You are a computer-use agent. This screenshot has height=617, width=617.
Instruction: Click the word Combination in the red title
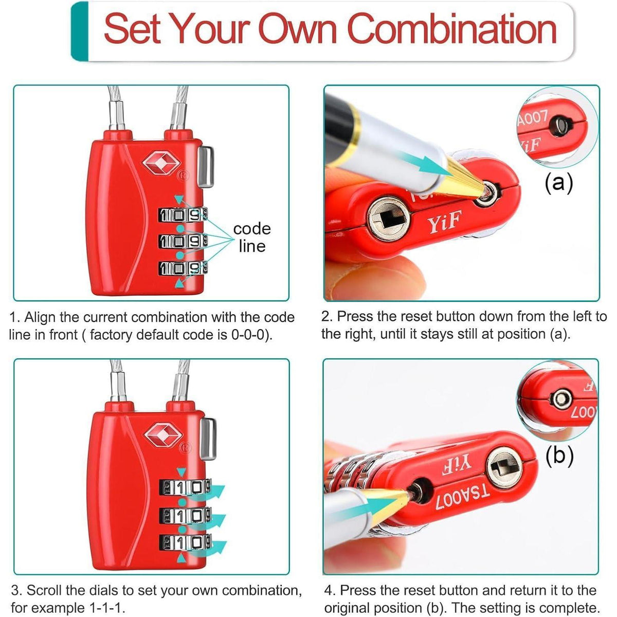pyautogui.click(x=452, y=28)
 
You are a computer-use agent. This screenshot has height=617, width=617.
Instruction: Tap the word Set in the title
pyautogui.click(x=132, y=29)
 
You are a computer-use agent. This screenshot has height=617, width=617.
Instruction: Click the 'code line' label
pyautogui.click(x=252, y=237)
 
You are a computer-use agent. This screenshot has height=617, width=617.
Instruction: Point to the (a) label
pyautogui.click(x=559, y=183)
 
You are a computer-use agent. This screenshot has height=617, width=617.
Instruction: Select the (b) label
pyautogui.click(x=559, y=455)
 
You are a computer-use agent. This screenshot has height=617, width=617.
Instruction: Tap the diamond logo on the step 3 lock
pyautogui.click(x=164, y=434)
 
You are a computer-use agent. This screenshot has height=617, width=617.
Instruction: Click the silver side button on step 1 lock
pyautogui.click(x=206, y=167)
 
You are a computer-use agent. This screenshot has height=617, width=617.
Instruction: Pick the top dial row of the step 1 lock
pyautogui.click(x=183, y=214)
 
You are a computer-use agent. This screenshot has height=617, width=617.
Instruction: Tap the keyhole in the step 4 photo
pyautogui.click(x=504, y=468)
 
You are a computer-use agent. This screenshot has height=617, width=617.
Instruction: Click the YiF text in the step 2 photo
pyautogui.click(x=445, y=221)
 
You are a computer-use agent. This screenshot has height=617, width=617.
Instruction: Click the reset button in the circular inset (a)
pyautogui.click(x=560, y=126)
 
